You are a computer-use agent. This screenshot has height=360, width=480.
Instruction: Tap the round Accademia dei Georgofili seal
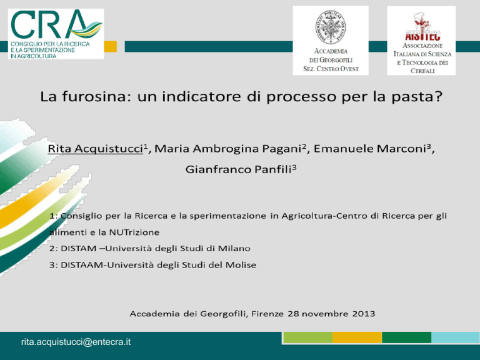(x=331, y=27)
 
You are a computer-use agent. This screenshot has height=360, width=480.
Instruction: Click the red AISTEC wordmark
(x=422, y=35)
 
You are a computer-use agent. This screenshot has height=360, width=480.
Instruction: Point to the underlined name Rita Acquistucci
(x=96, y=149)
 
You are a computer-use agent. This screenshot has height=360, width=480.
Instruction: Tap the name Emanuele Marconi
(x=370, y=149)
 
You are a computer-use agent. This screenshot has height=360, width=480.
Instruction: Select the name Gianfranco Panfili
(x=238, y=169)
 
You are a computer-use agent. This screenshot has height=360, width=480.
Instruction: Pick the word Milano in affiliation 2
(x=234, y=248)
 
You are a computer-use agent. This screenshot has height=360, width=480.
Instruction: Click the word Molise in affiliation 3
(x=241, y=265)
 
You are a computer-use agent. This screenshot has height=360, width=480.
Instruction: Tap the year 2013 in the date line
(x=363, y=314)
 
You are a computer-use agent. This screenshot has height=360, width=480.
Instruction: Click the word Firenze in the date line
(x=267, y=314)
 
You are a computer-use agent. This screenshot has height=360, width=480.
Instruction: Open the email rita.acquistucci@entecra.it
(x=76, y=342)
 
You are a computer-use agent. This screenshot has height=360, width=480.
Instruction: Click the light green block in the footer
(x=308, y=337)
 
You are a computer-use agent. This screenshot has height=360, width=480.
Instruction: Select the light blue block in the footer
(x=456, y=337)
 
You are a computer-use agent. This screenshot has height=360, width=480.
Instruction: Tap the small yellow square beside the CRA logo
(x=110, y=46)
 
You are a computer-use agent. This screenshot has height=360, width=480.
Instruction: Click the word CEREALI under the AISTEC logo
(x=422, y=71)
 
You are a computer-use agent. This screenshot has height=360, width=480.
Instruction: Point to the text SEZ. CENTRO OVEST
(x=331, y=69)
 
